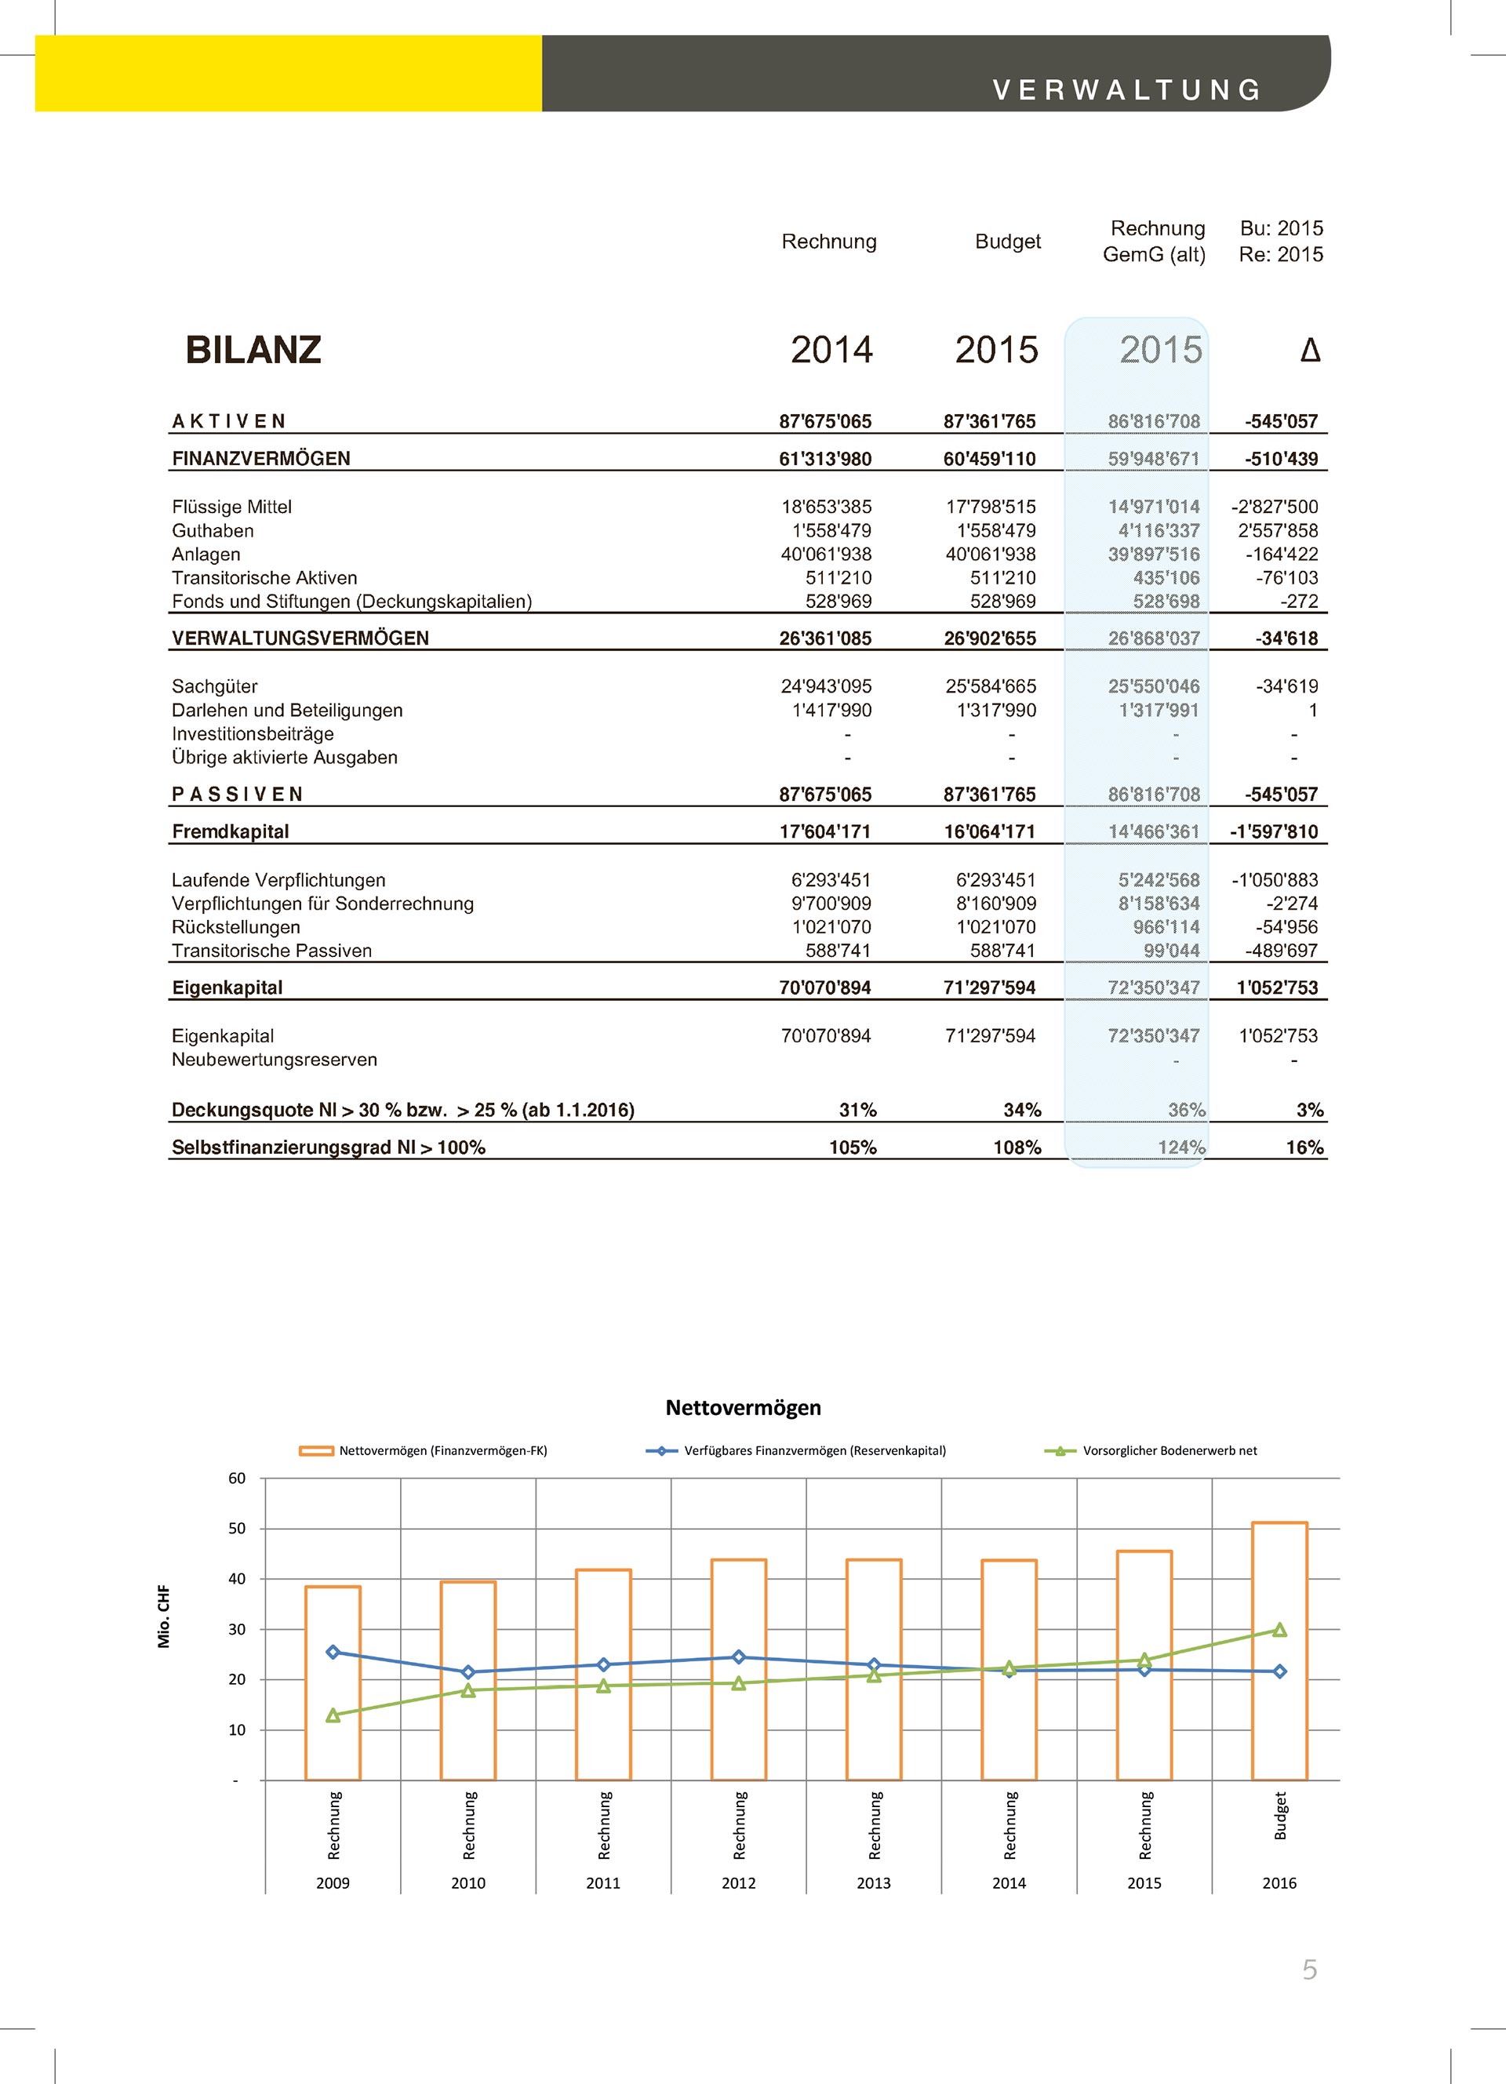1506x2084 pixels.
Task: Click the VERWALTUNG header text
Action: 1126,90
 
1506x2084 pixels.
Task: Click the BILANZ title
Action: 253,350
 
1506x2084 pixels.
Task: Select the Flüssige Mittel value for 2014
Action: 826,507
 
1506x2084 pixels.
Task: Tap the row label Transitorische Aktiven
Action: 264,578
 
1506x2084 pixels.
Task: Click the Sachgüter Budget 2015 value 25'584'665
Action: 991,686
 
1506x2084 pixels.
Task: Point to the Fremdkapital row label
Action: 231,831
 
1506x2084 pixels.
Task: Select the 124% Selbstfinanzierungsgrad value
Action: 1180,1147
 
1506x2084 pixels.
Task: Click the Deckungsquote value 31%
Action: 857,1110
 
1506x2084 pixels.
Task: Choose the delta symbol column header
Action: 1310,350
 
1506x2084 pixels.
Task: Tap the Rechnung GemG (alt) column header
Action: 1156,242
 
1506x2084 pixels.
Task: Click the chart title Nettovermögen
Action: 744,1408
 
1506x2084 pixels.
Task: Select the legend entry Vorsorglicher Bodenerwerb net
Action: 1169,1451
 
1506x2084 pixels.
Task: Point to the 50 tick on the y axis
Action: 237,1529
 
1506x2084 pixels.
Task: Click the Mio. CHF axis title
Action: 165,1617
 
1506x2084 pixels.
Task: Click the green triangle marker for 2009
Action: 333,1715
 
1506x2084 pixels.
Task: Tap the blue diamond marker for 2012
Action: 739,1657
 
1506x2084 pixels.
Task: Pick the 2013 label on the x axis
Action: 873,1882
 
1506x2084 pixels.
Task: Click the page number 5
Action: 1309,1969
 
